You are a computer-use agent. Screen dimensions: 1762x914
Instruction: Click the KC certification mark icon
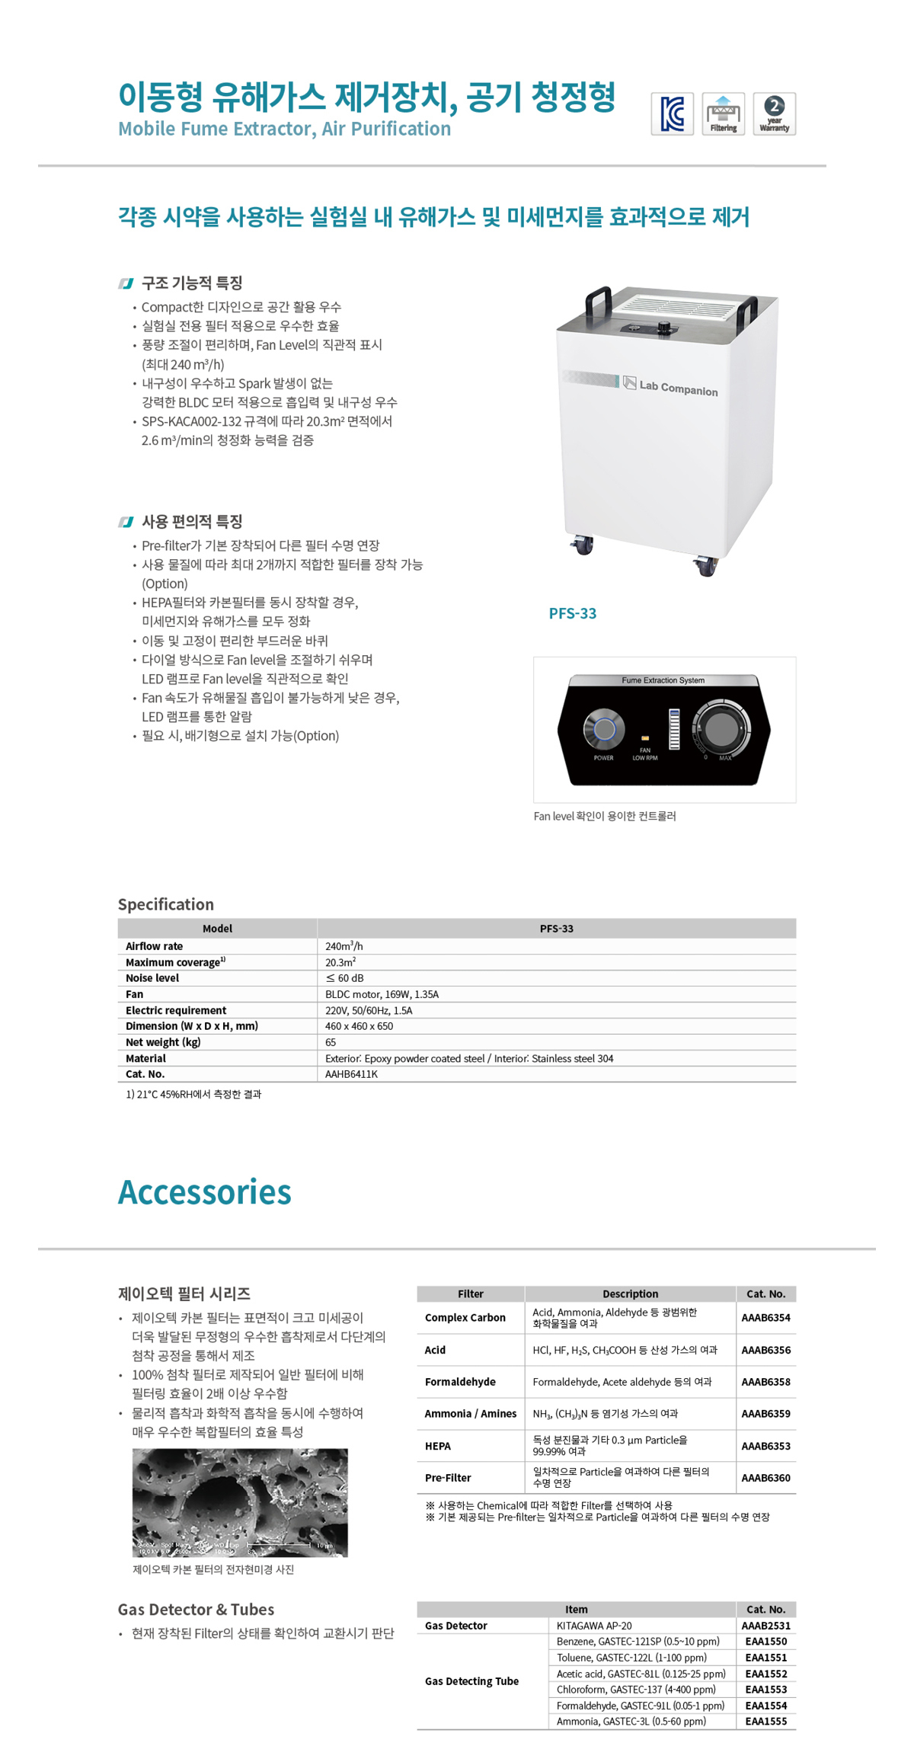tap(672, 114)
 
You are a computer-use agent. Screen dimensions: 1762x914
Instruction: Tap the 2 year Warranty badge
tap(774, 114)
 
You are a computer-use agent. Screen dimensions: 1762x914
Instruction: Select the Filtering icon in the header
tap(723, 114)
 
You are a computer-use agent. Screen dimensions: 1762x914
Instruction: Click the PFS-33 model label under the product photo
tap(573, 613)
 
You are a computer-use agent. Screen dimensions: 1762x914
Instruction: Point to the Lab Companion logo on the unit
tap(670, 385)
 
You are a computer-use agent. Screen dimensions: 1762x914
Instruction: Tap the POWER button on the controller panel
tap(604, 729)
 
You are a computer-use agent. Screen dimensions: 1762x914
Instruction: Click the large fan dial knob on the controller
tap(721, 729)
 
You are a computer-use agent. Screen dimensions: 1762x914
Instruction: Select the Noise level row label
tap(152, 978)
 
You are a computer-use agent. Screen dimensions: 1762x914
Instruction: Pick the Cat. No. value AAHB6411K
tap(351, 1074)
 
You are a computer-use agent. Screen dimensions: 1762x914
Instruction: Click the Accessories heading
tap(204, 1192)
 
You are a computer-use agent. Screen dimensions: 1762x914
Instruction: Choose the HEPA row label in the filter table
tap(438, 1446)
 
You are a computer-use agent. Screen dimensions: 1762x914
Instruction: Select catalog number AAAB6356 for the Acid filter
tap(765, 1350)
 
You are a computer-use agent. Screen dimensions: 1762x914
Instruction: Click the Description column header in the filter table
tap(630, 1294)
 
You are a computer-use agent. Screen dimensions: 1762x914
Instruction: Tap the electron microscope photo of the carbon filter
tap(240, 1502)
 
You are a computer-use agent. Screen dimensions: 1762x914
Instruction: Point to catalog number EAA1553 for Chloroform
tap(765, 1690)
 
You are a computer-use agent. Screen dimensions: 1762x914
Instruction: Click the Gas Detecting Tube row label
tap(471, 1681)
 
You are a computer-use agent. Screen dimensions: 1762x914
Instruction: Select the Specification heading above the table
tap(165, 904)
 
